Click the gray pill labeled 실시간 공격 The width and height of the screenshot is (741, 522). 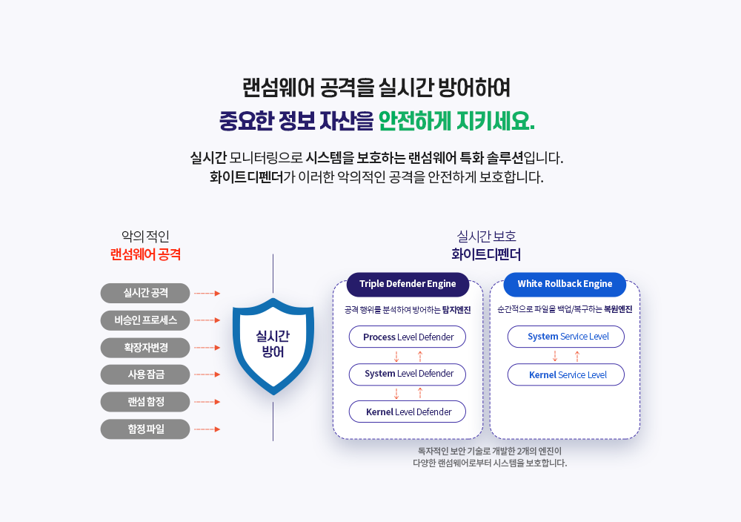pos(145,293)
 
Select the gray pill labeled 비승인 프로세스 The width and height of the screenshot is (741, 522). pos(145,320)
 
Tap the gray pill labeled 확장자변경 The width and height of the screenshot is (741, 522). pos(145,348)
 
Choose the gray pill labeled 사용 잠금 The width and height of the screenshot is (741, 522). pos(145,374)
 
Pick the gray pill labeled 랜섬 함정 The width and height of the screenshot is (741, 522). pos(145,402)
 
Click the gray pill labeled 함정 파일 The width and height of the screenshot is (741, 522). pos(145,429)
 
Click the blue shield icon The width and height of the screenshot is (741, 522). pos(273,346)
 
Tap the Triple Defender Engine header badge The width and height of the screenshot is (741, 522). pos(408,284)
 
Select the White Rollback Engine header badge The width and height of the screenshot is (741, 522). pos(565,284)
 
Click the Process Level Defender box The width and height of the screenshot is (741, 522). pos(408,337)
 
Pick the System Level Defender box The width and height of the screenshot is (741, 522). pos(408,374)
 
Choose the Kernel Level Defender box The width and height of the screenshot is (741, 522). pos(408,412)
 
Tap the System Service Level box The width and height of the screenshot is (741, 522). pos(566,337)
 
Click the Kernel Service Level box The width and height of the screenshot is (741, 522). pos(566,374)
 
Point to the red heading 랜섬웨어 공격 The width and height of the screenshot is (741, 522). pos(145,254)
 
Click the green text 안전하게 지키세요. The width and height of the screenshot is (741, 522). pos(456,121)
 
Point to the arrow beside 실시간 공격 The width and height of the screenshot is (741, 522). pos(207,294)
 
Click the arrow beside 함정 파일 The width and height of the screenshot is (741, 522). pos(207,429)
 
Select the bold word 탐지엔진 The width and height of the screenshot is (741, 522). pos(456,310)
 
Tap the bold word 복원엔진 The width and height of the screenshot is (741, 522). pos(618,309)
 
